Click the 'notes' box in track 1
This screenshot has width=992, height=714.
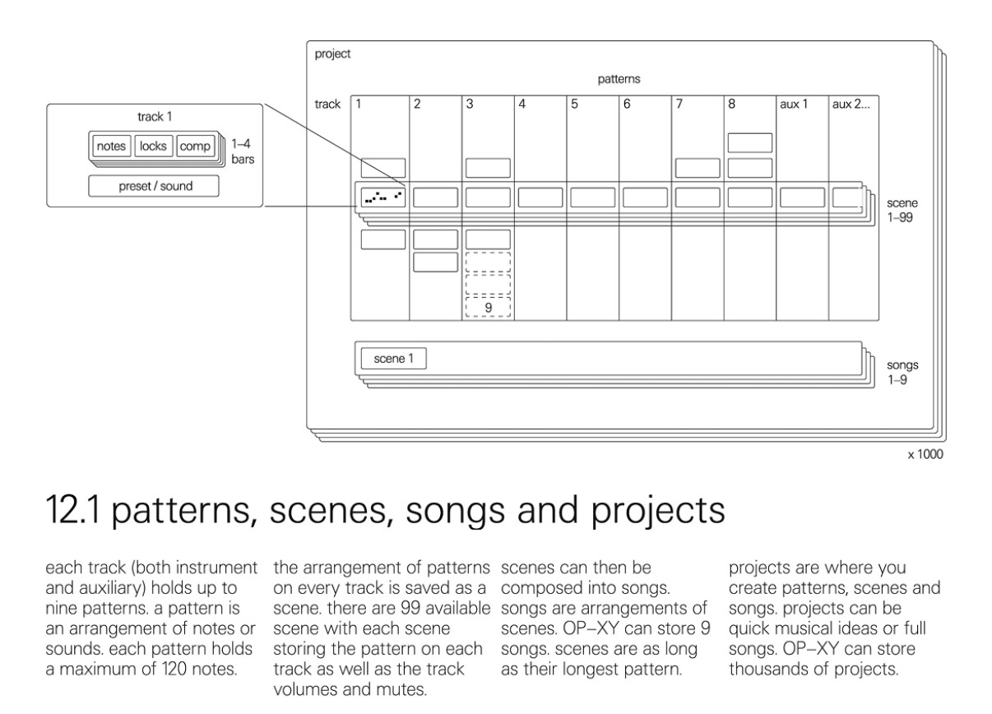(111, 146)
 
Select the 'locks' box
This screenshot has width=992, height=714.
(153, 146)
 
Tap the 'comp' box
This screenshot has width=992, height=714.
(195, 146)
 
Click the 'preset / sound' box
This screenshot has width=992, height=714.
(154, 186)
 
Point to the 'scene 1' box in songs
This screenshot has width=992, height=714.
(394, 359)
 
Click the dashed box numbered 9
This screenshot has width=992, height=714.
(488, 308)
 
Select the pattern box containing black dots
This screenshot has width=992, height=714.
(383, 197)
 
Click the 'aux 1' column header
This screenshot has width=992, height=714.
(794, 104)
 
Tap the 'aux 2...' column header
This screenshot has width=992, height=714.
(851, 104)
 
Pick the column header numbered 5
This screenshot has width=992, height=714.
(574, 104)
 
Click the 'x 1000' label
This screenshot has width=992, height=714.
(925, 454)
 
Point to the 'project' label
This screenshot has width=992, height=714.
(332, 54)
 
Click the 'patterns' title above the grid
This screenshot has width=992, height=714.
(619, 79)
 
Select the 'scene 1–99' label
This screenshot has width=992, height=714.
(902, 211)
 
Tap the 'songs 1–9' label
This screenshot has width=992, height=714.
(902, 373)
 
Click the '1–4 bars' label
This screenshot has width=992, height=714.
(243, 151)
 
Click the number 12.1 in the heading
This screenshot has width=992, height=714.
(72, 510)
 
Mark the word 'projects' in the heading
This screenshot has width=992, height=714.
(658, 512)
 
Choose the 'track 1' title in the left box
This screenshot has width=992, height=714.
(155, 117)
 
